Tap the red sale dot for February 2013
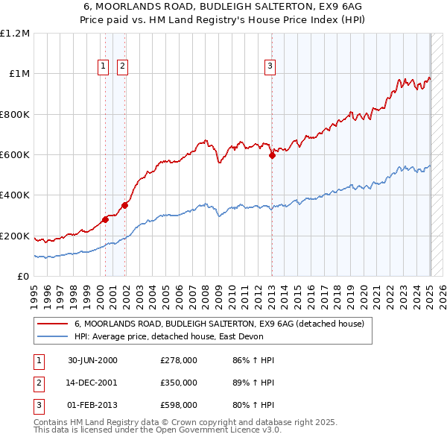click(x=272, y=155)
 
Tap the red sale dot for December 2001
click(x=124, y=205)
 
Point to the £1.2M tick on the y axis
click(x=15, y=34)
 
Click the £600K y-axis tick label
click(x=15, y=155)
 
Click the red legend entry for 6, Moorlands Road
click(x=218, y=324)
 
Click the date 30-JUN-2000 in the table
click(x=92, y=360)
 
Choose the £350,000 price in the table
click(x=179, y=383)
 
